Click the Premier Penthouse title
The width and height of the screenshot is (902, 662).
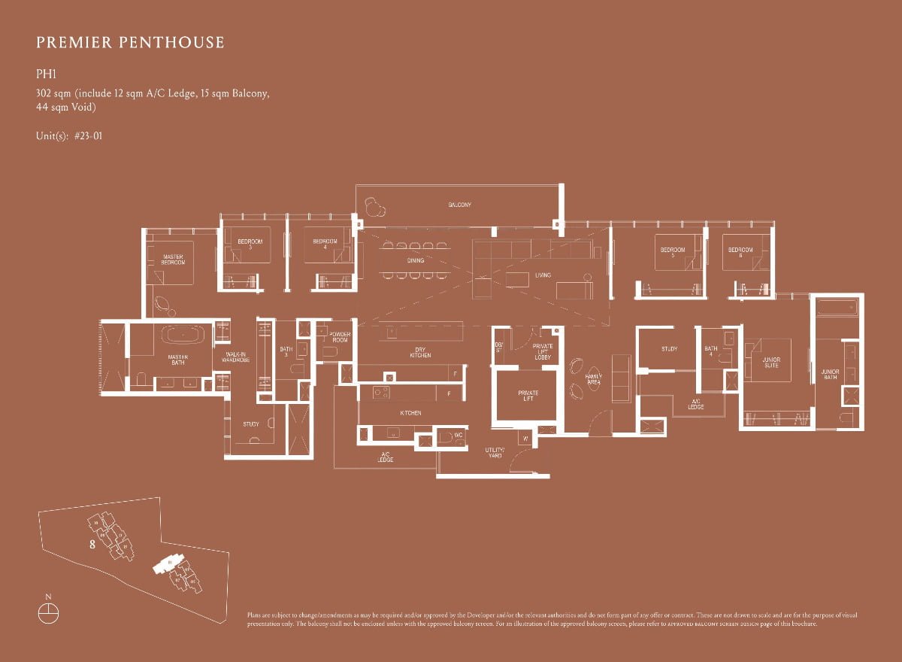[130, 42]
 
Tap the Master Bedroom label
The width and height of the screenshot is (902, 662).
[174, 259]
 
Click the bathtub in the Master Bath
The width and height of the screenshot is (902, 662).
[178, 336]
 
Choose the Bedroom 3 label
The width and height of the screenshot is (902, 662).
[250, 244]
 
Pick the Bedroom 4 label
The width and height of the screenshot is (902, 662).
[325, 244]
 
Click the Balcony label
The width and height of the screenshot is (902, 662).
[460, 205]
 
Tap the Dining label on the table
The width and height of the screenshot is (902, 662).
[416, 260]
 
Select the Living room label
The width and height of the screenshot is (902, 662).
[543, 275]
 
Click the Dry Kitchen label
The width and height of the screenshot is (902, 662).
[421, 352]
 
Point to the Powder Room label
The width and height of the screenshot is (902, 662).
[340, 338]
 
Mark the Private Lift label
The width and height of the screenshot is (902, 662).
[528, 396]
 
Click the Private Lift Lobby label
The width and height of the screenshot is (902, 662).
[543, 351]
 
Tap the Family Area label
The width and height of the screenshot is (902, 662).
[594, 379]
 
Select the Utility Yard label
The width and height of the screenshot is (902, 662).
[495, 453]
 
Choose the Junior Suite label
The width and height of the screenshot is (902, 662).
[771, 363]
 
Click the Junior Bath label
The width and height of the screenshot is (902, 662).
[830, 374]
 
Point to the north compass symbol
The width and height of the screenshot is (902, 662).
[48, 612]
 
